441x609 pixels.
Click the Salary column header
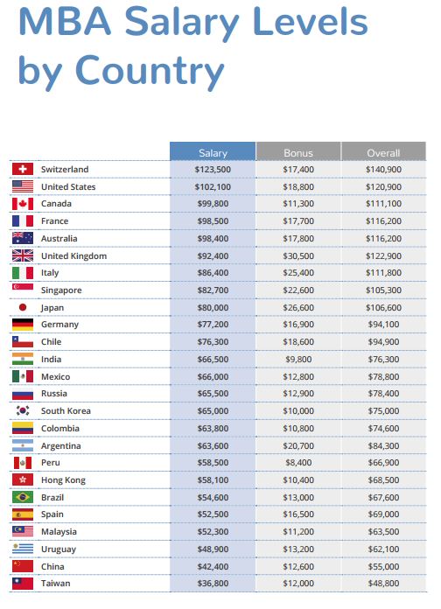click(213, 151)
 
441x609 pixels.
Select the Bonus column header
click(298, 151)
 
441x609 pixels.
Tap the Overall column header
click(383, 151)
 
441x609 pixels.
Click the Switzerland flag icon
click(23, 169)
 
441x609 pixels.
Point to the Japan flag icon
click(23, 307)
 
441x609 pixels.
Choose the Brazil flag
click(23, 497)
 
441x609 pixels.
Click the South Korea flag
click(23, 410)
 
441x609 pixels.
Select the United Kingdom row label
click(73, 256)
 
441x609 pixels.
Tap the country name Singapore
click(61, 290)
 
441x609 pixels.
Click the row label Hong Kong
click(63, 480)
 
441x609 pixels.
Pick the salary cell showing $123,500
click(213, 170)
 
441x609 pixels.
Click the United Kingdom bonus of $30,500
click(298, 256)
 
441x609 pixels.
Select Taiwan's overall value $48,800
click(383, 583)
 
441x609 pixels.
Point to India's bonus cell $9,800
click(298, 360)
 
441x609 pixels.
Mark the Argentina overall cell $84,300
click(383, 445)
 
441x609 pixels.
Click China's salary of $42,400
click(213, 566)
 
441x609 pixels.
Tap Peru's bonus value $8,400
click(298, 462)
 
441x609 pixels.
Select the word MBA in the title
click(65, 21)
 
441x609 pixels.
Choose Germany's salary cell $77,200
click(213, 324)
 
